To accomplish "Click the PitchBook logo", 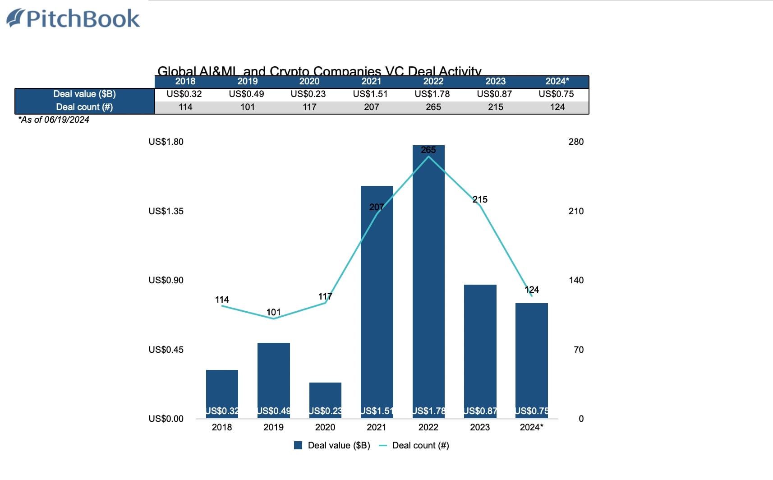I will pos(74,19).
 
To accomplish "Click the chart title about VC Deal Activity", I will pos(319,71).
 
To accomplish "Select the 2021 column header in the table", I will pos(371,82).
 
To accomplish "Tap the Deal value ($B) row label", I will pos(84,94).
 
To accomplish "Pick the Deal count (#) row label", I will pos(84,107).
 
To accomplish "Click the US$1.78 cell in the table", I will pos(432,94).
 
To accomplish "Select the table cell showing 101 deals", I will pos(247,107).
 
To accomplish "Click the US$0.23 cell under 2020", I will pos(308,94).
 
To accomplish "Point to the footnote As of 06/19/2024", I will pos(54,120).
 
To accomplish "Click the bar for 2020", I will pos(325,397).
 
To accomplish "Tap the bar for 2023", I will pos(480,347).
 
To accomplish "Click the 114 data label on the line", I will pos(222,300).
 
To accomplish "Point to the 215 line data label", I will pos(480,199).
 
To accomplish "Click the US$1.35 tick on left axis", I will pos(166,211).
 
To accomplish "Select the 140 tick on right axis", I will pos(576,280).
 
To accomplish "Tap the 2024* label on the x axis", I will pos(531,427).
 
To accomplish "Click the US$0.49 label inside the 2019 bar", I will pos(274,411).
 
